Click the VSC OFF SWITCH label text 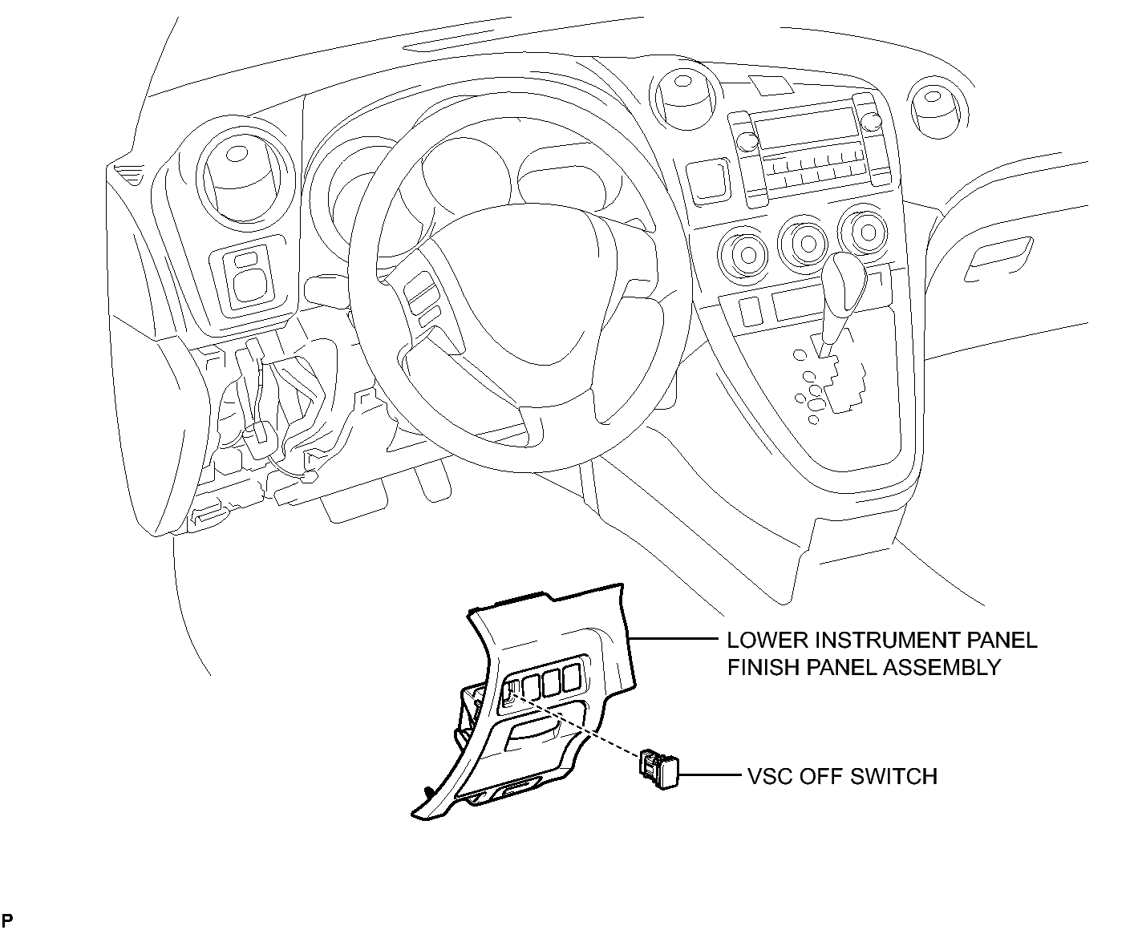point(842,776)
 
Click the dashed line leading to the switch point(577,722)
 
